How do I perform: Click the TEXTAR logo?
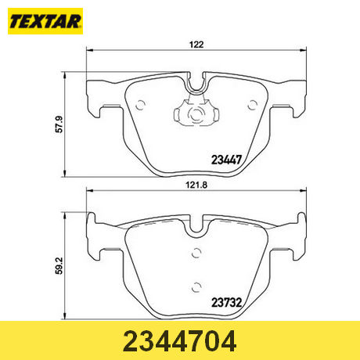(x=45, y=21)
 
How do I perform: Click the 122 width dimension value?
(x=196, y=45)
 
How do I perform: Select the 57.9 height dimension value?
(x=59, y=124)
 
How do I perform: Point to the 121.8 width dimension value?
(x=196, y=185)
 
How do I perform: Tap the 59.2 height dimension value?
(x=59, y=266)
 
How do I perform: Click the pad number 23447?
(x=226, y=160)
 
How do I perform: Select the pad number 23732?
(x=226, y=303)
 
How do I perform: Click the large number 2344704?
(x=180, y=341)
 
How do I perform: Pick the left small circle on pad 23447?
(x=140, y=105)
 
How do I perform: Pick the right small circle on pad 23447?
(x=252, y=105)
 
